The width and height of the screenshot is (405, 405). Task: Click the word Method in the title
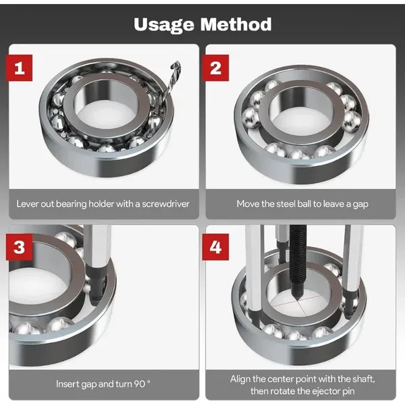tap(236, 24)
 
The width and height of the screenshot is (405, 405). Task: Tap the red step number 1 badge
tap(21, 68)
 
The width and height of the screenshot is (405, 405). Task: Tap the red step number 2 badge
tap(216, 68)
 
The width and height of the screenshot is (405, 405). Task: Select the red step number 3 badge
tap(21, 247)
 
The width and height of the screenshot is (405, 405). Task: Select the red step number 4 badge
tap(216, 247)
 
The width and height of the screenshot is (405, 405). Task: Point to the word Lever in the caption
tap(28, 202)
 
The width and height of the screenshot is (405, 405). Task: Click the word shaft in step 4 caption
tap(360, 377)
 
